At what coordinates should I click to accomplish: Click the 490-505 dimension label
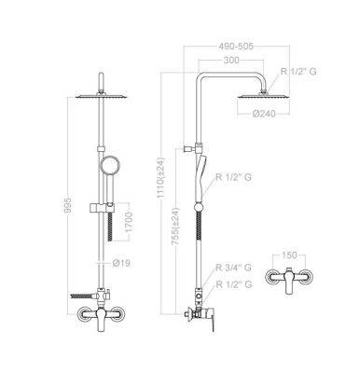click(236, 47)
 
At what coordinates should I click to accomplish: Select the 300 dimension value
click(231, 60)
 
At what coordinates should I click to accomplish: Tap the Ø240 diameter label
click(264, 114)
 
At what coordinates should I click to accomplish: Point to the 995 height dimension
click(68, 205)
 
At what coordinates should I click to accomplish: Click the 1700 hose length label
click(129, 222)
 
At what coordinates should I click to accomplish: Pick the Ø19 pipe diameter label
click(121, 264)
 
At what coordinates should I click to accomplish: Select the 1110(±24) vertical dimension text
click(161, 178)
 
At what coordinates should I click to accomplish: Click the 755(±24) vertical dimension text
click(176, 227)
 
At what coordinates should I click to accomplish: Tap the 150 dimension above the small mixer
click(289, 255)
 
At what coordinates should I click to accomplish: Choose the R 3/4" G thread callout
click(234, 268)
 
